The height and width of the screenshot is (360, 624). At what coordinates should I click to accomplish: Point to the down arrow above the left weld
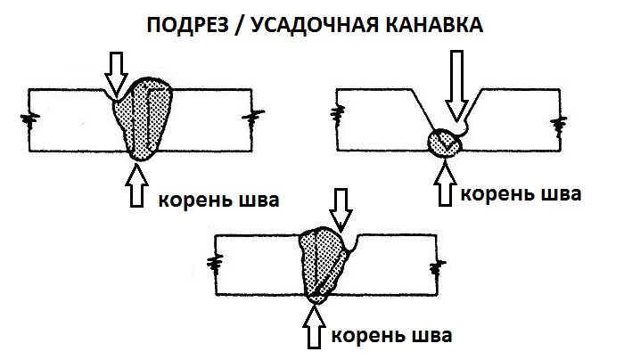pos(116,69)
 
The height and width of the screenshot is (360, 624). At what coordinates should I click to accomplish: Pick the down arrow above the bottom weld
pos(341,207)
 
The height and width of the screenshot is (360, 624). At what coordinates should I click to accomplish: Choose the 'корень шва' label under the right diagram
pos(518,192)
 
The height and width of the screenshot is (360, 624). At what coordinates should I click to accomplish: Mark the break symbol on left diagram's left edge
pos(31,119)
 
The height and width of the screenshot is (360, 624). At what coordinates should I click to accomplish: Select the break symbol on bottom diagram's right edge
pos(437,264)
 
